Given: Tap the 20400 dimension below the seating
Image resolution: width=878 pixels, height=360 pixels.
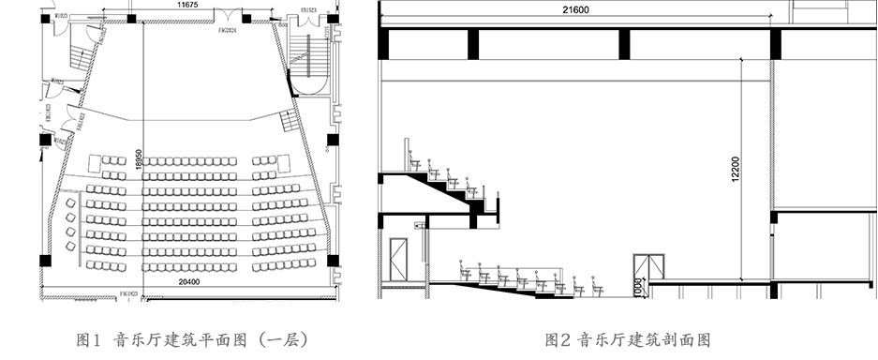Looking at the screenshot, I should pos(190,280).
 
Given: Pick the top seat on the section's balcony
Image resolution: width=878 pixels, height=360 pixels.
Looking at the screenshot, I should pos(409,150).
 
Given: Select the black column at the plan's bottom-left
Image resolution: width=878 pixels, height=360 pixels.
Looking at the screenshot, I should pos(43,260).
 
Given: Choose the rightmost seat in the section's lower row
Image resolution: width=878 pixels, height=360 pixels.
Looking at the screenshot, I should pos(596,286).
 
